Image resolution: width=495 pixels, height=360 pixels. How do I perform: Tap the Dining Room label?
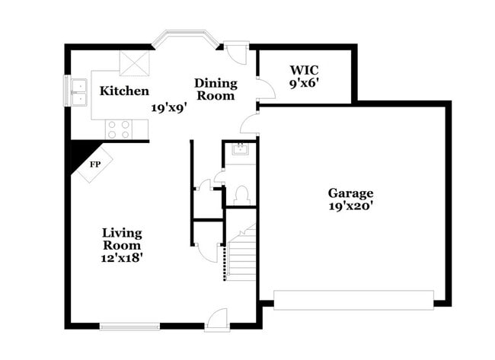click(216, 89)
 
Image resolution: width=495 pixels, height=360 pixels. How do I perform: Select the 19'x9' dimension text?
click(168, 108)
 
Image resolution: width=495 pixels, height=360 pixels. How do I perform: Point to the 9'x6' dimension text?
click(302, 84)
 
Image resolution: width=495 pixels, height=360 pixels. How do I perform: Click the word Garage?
click(350, 193)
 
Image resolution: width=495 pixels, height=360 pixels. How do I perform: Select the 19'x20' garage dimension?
click(350, 205)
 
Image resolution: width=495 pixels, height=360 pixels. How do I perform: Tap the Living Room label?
click(122, 239)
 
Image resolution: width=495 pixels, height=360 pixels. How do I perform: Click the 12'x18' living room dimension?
click(122, 258)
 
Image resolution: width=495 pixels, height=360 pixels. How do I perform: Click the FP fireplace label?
click(95, 164)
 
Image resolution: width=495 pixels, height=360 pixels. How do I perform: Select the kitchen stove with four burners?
click(119, 129)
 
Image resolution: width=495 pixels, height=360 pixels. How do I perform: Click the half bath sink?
click(241, 149)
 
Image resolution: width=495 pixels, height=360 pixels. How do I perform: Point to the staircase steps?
click(242, 259)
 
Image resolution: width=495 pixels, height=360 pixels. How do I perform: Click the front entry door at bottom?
click(216, 320)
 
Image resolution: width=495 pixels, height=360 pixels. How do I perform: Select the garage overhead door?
click(353, 300)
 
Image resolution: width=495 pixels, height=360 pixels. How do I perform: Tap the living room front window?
click(129, 327)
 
